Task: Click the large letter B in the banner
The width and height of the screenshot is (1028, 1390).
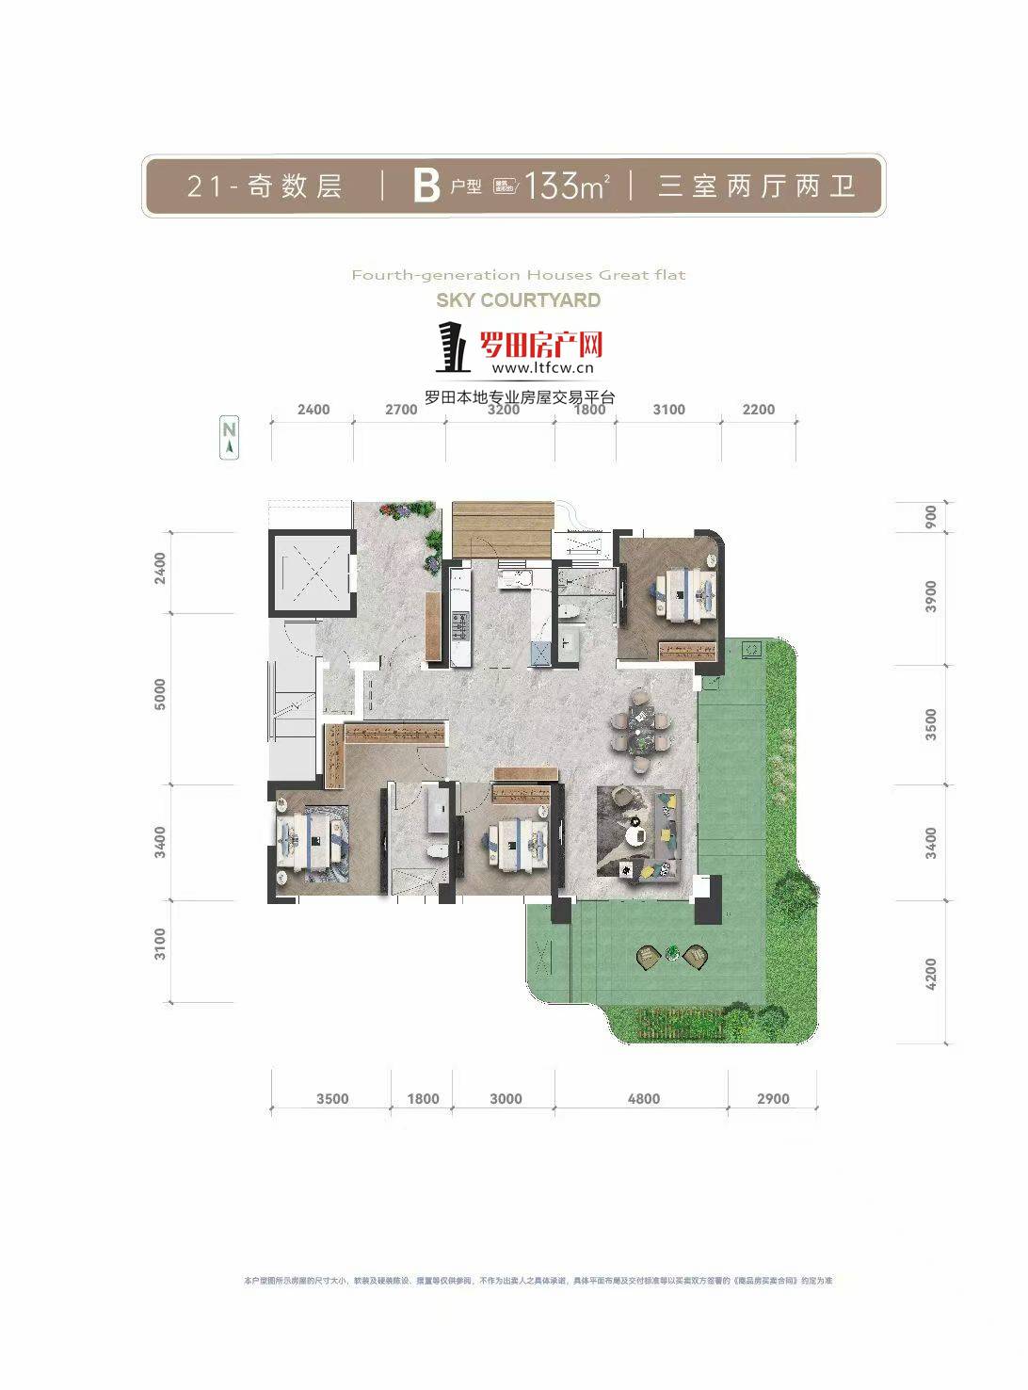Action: [x=426, y=186]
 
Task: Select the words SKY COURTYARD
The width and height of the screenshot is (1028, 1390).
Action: [x=518, y=300]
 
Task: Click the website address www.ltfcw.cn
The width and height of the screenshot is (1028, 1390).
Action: [x=542, y=368]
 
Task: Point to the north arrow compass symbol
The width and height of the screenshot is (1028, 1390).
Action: [x=229, y=439]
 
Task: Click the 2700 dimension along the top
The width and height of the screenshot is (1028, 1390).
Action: [x=401, y=410]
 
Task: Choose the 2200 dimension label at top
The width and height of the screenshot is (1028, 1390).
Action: [x=758, y=410]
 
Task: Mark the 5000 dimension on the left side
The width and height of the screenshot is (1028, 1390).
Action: [x=160, y=694]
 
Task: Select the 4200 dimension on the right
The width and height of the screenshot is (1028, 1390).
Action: [x=931, y=973]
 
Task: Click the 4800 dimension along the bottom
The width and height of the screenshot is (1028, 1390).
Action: [x=644, y=1098]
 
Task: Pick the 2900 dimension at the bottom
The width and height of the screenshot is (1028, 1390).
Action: [x=773, y=1098]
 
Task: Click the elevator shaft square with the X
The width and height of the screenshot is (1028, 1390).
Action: [x=310, y=572]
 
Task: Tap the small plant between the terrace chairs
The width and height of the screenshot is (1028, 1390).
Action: [x=671, y=953]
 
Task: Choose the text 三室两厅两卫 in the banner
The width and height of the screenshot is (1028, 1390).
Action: [x=757, y=186]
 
